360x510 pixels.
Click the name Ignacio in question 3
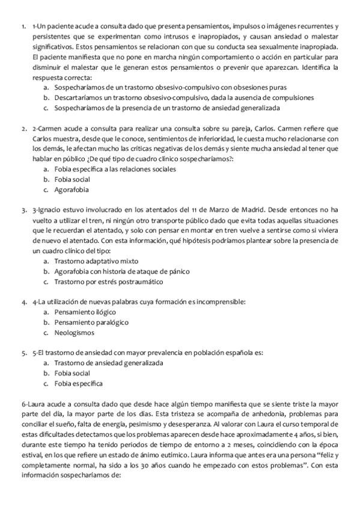55,209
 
